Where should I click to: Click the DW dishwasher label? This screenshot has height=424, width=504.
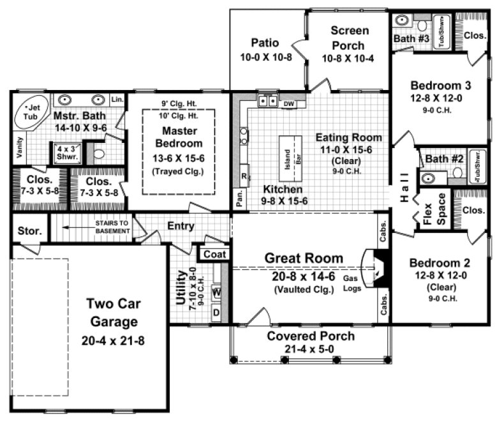[x=288, y=103]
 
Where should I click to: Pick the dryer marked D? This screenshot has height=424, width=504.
[x=216, y=312]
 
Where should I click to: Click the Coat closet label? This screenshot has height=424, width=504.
[x=215, y=254]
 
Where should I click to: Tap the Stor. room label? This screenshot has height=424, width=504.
[x=29, y=231]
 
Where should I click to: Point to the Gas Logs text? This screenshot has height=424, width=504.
[x=352, y=283]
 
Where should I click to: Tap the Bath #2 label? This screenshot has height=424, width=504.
[x=439, y=158]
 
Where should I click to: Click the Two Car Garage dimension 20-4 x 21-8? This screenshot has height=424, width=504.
[x=113, y=340]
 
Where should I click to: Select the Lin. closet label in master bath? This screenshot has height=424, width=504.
[x=117, y=100]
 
